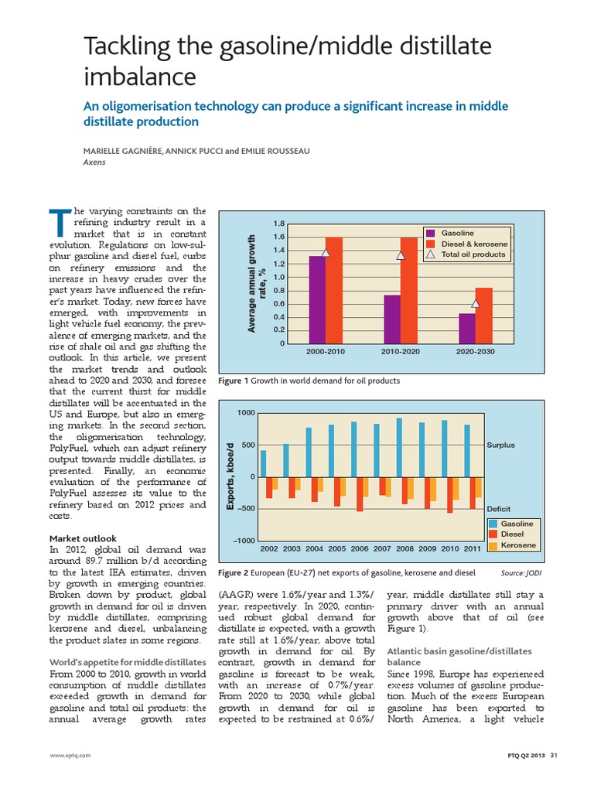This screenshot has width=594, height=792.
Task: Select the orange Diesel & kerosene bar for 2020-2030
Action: pyautogui.click(x=483, y=316)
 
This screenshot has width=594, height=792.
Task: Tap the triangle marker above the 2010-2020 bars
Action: pyautogui.click(x=401, y=255)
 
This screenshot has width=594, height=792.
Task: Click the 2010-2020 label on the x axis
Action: pyautogui.click(x=401, y=352)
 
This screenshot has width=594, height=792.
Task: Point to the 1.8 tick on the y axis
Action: pyautogui.click(x=280, y=224)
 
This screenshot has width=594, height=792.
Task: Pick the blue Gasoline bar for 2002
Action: pyautogui.click(x=263, y=463)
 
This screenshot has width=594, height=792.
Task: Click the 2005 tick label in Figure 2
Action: pyautogui.click(x=336, y=548)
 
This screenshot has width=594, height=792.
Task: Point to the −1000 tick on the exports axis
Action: pyautogui.click(x=244, y=540)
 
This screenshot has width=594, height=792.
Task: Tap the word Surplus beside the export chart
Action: pyautogui.click(x=500, y=445)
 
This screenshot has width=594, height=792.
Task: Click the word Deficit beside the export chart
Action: pyautogui.click(x=498, y=509)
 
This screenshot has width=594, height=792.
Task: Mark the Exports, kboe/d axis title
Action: pyautogui.click(x=230, y=476)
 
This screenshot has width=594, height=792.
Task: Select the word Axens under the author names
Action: pyautogui.click(x=94, y=163)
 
